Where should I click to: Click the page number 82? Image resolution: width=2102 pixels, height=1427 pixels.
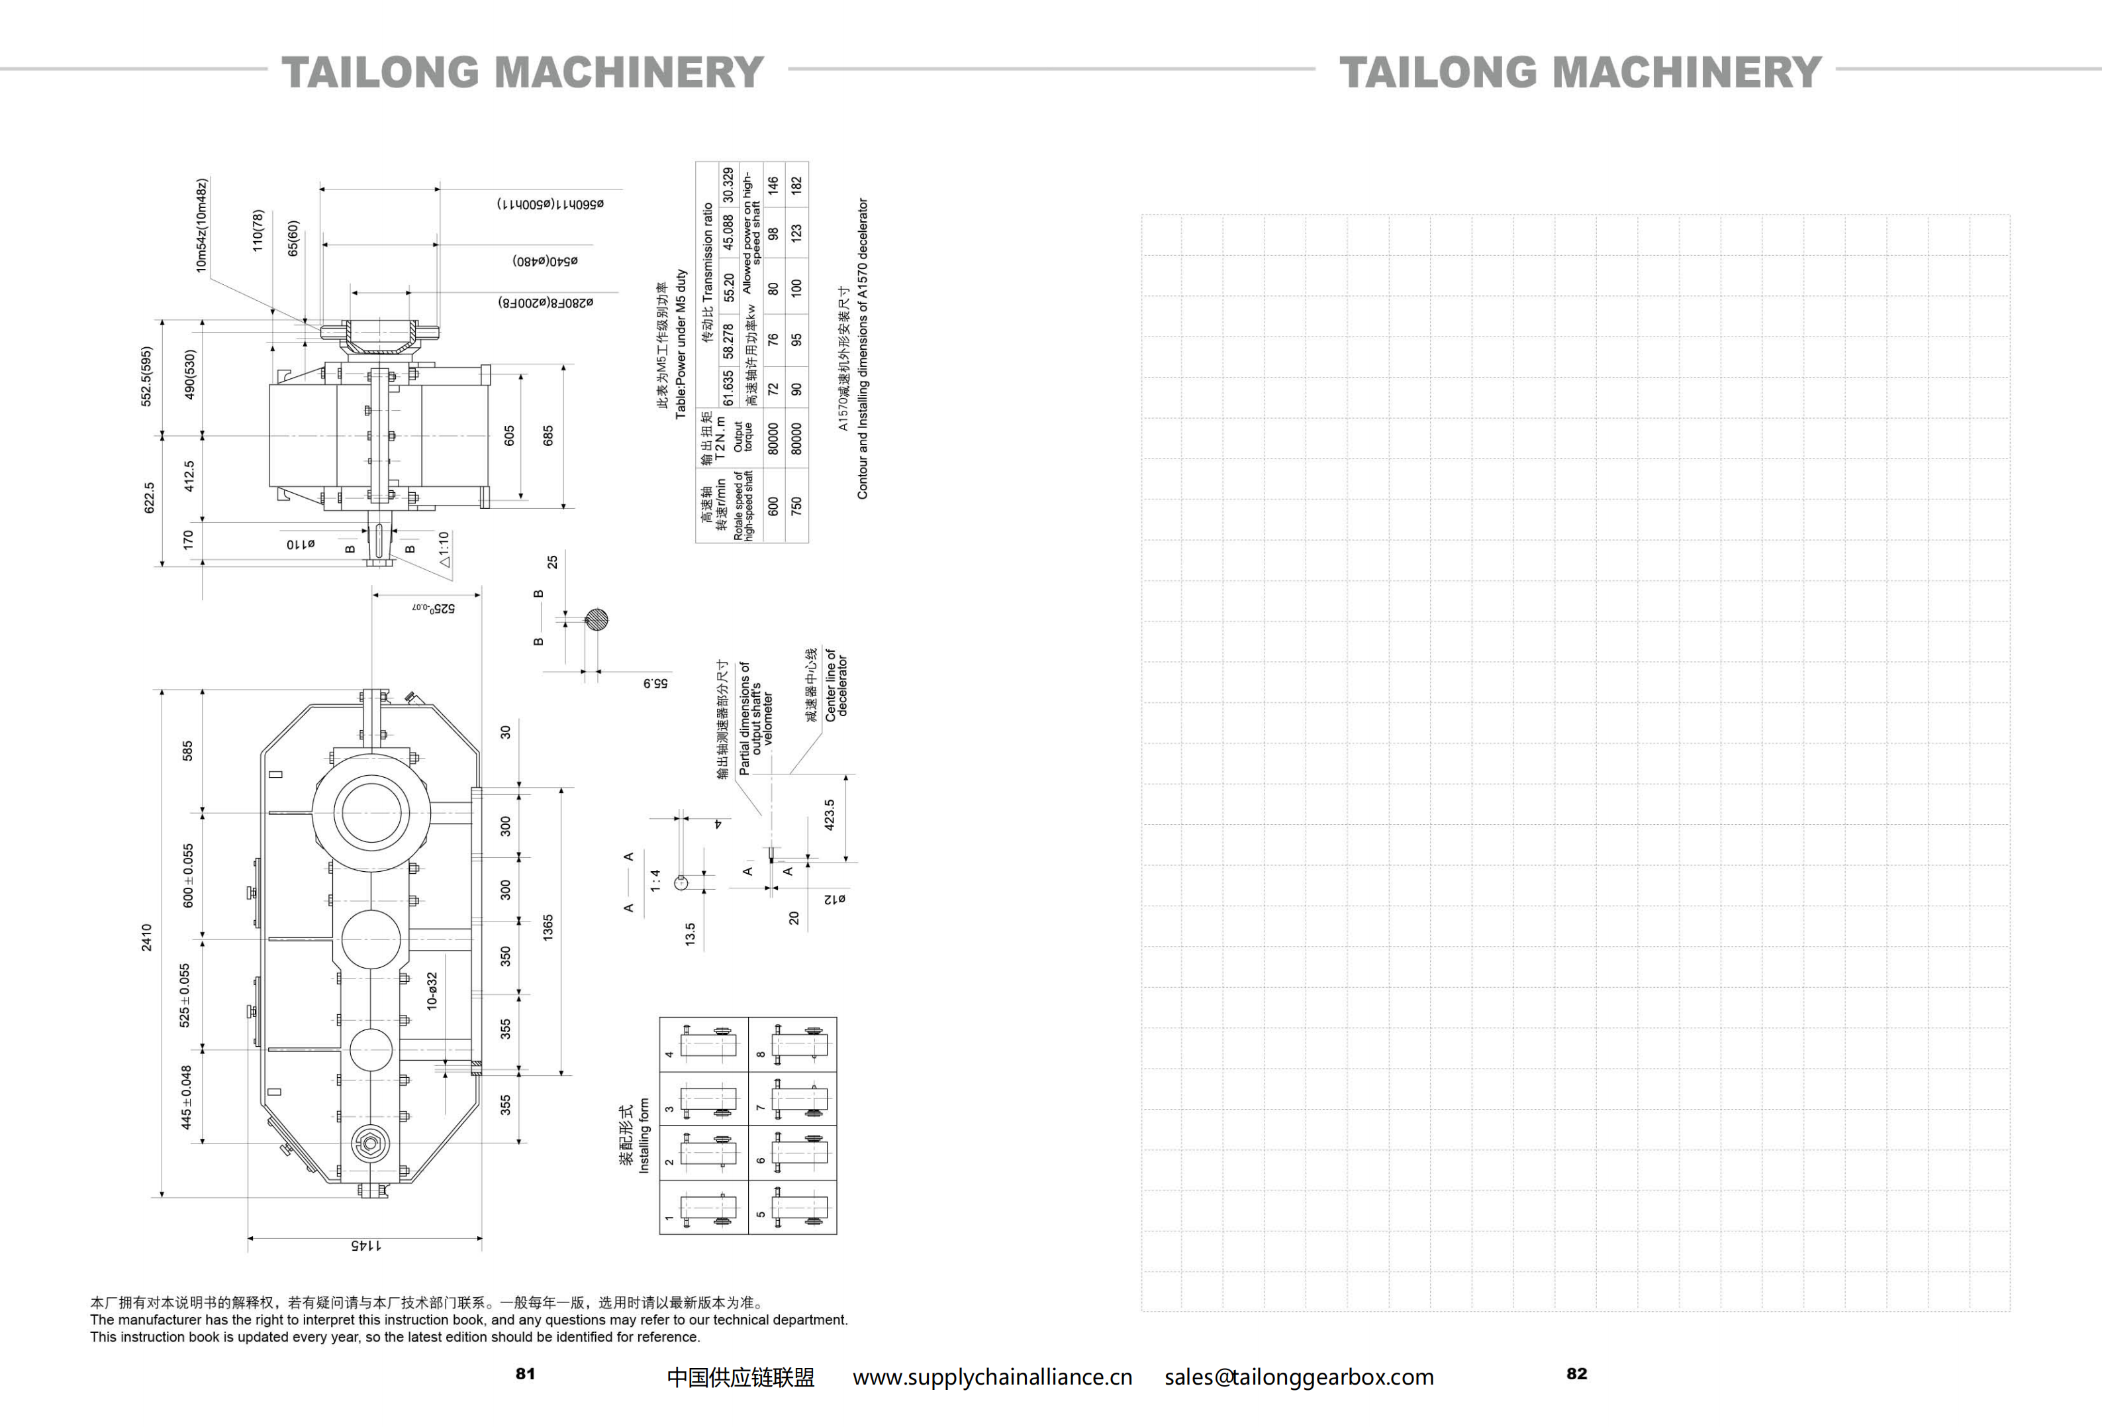(1576, 1373)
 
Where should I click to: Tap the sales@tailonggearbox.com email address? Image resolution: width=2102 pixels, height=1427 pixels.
(1299, 1377)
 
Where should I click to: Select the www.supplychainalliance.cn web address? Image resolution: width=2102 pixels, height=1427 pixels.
(992, 1377)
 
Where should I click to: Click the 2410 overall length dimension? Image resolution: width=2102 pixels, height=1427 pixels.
(146, 937)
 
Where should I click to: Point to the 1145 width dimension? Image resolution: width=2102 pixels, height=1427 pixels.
(365, 1245)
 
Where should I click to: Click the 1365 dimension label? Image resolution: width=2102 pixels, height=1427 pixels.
(548, 927)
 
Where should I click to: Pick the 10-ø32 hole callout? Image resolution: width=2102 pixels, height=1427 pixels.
(432, 991)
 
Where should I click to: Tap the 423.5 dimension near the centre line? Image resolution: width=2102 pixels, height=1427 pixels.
(830, 816)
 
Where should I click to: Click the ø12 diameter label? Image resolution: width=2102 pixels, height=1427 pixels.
(835, 898)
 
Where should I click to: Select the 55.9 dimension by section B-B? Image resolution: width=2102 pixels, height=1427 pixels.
(655, 683)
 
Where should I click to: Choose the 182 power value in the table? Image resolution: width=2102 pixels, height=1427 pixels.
(796, 185)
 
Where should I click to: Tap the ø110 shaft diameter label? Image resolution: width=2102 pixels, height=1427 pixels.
(301, 544)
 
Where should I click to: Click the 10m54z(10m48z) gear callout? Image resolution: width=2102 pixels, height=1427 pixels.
(202, 225)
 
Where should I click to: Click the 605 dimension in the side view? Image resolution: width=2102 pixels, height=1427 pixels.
(509, 435)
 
